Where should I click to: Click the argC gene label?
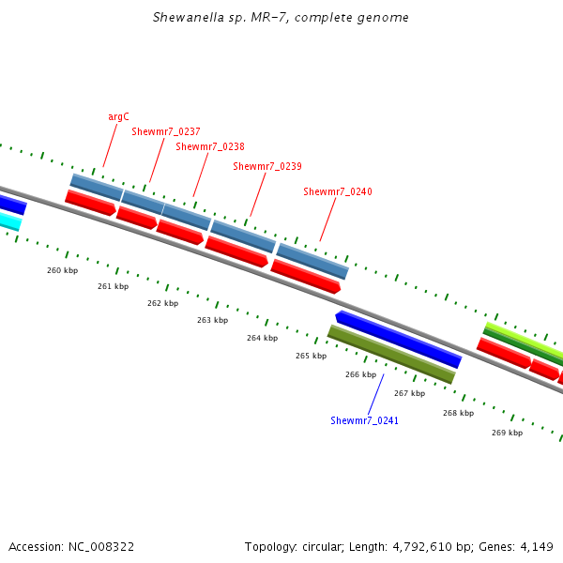[118, 116]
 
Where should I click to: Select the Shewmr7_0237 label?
[165, 131]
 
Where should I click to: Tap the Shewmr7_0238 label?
[209, 146]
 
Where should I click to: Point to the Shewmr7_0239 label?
[266, 166]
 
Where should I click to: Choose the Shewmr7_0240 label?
[337, 191]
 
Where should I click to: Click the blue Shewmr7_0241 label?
[364, 420]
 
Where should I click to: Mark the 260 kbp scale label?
[62, 270]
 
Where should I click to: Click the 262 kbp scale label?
[162, 303]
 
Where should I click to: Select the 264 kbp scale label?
[262, 338]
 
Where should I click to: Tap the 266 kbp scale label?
[360, 374]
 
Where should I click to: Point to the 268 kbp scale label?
[458, 413]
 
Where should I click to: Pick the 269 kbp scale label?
[507, 433]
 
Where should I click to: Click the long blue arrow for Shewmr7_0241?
[399, 340]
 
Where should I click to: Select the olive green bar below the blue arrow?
[391, 355]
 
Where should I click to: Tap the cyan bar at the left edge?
[8, 221]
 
